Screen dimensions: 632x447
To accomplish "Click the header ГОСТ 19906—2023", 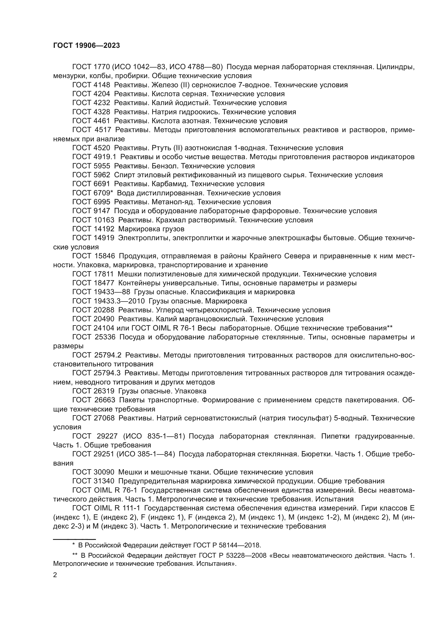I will (x=86, y=46).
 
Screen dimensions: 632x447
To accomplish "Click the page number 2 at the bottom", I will (x=55, y=575).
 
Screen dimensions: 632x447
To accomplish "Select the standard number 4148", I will (x=102, y=85).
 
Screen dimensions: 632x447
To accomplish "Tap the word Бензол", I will (x=165, y=166).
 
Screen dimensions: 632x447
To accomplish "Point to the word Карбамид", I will (x=170, y=184).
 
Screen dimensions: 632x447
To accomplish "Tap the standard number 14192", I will (x=104, y=229).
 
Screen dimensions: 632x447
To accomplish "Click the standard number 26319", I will (x=104, y=391).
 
